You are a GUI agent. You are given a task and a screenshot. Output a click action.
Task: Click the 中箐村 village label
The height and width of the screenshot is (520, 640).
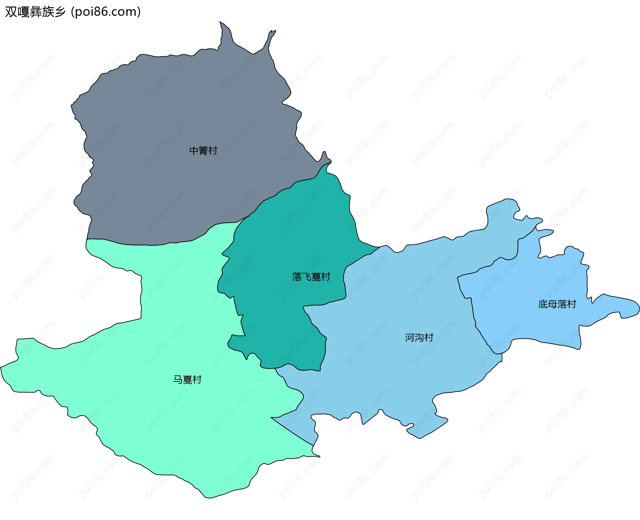coord(203,151)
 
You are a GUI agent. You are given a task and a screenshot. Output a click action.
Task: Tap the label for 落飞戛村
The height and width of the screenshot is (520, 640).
coord(311,277)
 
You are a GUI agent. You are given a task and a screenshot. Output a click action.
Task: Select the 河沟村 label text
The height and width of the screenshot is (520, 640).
coord(419,337)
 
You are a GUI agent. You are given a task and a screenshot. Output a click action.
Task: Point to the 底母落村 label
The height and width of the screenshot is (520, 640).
coord(557,304)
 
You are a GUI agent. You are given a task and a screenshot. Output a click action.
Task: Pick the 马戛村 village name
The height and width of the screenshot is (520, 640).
coord(187,379)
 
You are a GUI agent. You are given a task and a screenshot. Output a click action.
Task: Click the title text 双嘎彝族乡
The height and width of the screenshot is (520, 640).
coord(35,12)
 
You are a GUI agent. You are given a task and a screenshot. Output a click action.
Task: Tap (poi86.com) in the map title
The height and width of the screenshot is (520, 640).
coord(106,12)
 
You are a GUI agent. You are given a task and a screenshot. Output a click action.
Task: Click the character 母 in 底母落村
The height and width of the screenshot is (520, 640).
coord(552,304)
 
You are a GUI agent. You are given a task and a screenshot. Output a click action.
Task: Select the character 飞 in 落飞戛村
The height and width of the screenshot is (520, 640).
coord(306,277)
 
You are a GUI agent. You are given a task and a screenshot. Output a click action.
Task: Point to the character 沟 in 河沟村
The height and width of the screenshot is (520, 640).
coord(419,337)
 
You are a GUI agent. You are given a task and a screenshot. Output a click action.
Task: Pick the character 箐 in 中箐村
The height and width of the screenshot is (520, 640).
coord(203,151)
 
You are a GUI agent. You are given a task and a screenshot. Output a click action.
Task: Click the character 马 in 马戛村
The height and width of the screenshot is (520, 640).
coord(178,379)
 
